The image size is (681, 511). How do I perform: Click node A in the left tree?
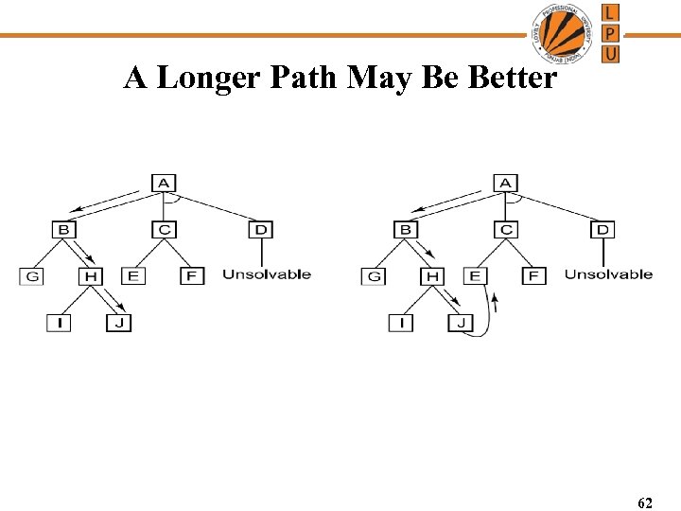click(164, 182)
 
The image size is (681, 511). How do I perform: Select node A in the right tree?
click(506, 182)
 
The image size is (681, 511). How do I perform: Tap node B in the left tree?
click(64, 229)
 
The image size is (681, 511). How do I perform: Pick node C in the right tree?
click(506, 229)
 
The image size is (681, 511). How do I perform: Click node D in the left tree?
click(260, 229)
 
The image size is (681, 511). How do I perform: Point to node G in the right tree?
click(375, 276)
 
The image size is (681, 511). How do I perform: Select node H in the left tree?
click(91, 276)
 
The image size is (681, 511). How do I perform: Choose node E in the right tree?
click(475, 276)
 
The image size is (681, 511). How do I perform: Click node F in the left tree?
click(192, 276)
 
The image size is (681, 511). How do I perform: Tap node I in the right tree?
click(401, 324)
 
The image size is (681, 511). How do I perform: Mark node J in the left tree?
click(118, 324)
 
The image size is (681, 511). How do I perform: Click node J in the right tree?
click(461, 324)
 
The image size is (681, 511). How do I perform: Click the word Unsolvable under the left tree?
click(267, 274)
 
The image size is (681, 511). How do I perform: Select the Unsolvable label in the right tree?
click(608, 274)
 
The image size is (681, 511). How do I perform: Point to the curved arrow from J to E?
click(487, 317)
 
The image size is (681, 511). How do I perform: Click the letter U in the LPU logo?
click(611, 54)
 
